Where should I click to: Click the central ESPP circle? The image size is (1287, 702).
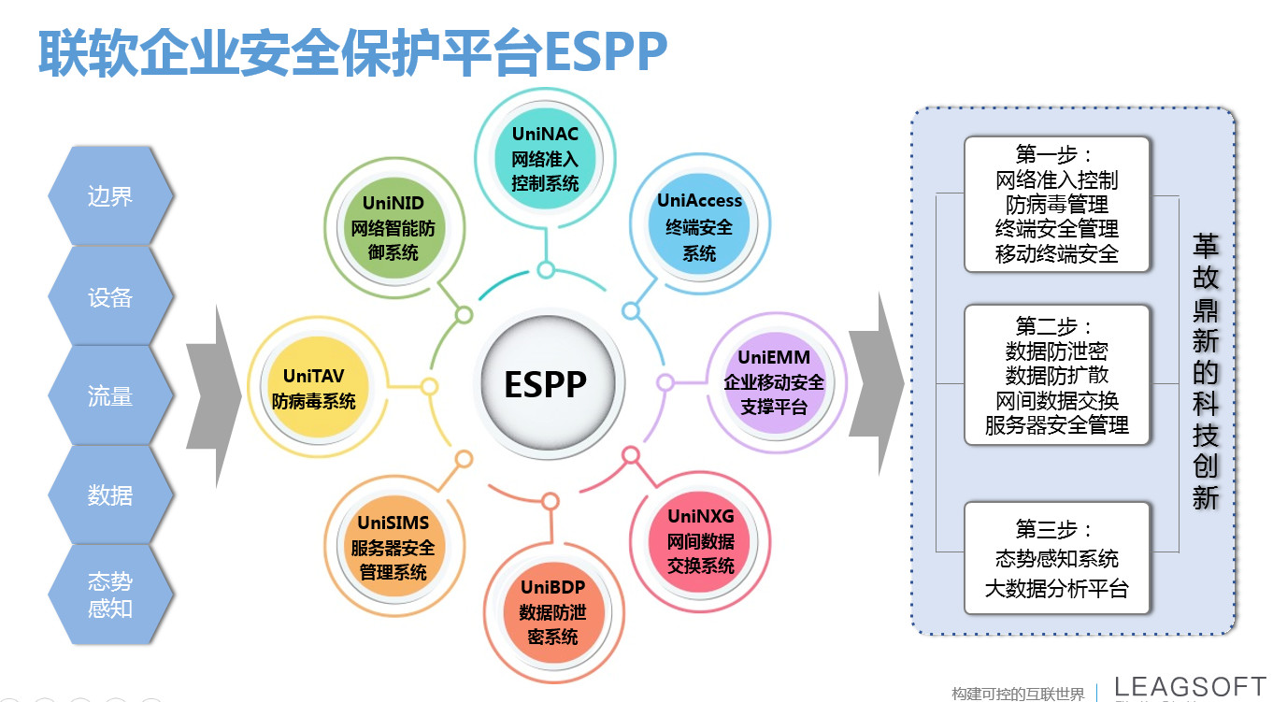coord(546,383)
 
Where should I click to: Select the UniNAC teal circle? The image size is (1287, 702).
coord(545,159)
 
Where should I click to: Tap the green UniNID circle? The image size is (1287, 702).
coord(393,227)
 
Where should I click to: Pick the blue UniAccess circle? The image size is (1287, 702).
coord(699,227)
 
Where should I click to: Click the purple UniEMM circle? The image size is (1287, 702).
coord(774,382)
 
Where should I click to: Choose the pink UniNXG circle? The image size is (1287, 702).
coord(701,541)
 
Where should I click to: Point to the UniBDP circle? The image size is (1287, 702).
coord(551,612)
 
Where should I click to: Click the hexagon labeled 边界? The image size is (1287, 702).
coord(110,196)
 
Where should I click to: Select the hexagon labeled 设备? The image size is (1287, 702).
coord(110,297)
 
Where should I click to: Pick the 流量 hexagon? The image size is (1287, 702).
coord(110,396)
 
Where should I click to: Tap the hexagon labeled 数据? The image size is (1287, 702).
coord(110,495)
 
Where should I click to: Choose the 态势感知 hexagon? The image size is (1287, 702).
coord(110,595)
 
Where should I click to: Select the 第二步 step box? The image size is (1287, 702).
coord(1056,376)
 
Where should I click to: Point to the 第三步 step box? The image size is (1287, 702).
coord(1056,559)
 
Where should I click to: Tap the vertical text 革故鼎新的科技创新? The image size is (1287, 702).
coord(1206,371)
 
